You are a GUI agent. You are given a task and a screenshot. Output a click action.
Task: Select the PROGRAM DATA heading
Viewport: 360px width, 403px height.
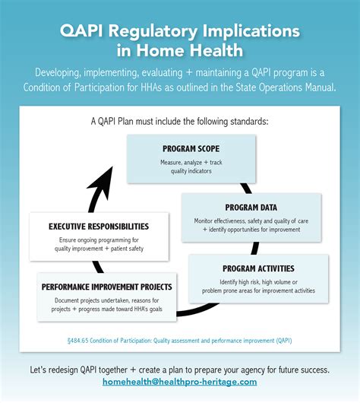tap(251, 208)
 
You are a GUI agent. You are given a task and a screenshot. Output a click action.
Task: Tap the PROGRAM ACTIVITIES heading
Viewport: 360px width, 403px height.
tap(259, 268)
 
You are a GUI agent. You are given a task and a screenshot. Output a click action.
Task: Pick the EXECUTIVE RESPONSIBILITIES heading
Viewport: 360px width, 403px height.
tap(99, 227)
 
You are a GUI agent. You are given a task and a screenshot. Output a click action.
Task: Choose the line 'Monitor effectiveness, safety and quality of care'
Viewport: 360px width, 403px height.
tap(251, 221)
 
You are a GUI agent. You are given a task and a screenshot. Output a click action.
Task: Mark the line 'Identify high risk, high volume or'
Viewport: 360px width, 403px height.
tap(259, 282)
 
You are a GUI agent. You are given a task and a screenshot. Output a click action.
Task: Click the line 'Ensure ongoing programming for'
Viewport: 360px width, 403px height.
tap(99, 240)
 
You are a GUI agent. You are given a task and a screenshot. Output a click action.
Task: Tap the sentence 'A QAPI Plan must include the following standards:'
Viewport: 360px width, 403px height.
tap(180, 121)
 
